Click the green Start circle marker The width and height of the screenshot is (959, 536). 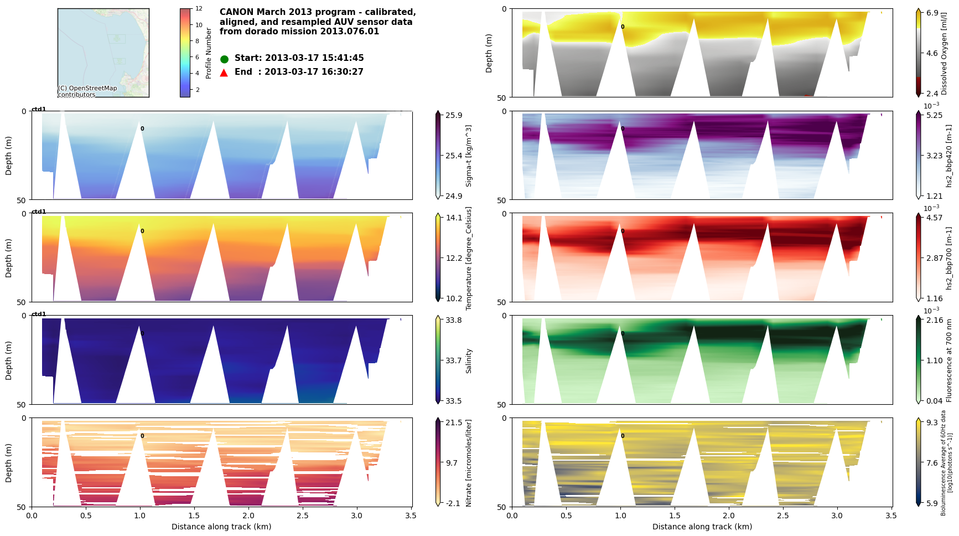click(x=224, y=59)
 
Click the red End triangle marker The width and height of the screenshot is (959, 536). click(x=224, y=73)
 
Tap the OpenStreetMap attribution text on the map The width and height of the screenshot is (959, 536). click(x=87, y=91)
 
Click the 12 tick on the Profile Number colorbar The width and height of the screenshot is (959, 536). click(x=199, y=9)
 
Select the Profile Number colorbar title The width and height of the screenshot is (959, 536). click(x=209, y=53)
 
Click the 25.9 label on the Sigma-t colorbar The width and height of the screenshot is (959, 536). click(x=454, y=115)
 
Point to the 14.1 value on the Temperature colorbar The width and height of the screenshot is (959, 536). click(x=454, y=218)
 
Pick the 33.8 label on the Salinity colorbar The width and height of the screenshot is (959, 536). click(x=454, y=320)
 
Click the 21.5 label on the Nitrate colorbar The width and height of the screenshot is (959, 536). click(x=454, y=422)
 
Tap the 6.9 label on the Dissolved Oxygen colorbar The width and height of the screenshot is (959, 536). click(x=932, y=13)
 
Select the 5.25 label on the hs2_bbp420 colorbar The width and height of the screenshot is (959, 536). click(x=934, y=115)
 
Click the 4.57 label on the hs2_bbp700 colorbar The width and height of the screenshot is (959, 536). click(x=934, y=218)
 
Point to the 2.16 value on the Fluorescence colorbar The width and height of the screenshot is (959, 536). click(x=934, y=320)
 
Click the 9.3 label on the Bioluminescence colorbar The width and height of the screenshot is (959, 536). click(x=932, y=422)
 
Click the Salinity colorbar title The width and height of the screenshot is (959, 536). click(x=469, y=360)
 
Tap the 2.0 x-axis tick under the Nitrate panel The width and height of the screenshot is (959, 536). click(x=248, y=516)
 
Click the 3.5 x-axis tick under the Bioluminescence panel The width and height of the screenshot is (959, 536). click(x=891, y=516)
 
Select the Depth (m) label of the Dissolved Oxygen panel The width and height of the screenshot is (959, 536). click(x=489, y=53)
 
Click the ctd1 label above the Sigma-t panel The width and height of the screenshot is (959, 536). click(x=39, y=109)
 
